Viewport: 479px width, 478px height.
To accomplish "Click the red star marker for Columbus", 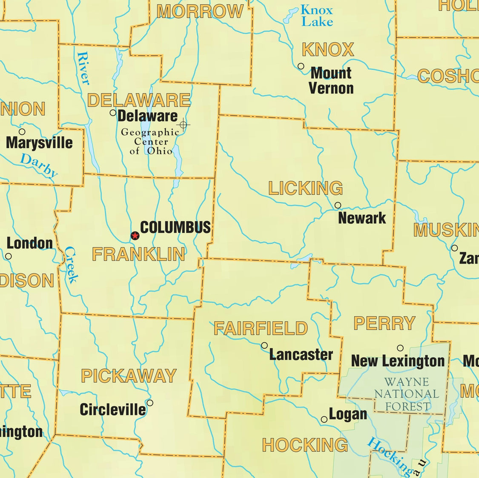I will [135, 236].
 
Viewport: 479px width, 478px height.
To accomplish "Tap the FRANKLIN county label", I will [138, 254].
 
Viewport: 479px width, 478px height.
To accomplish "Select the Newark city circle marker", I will [338, 205].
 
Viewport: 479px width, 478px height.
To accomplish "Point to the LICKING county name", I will [305, 188].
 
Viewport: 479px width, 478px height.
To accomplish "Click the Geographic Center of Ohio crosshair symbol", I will [184, 125].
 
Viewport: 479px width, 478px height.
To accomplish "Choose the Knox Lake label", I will [317, 16].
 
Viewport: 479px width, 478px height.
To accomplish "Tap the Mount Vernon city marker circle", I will [301, 66].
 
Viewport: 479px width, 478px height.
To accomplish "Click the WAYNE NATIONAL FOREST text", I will [406, 394].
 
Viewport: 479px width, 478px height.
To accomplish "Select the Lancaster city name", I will [301, 354].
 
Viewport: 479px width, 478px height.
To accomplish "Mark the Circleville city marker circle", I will [150, 403].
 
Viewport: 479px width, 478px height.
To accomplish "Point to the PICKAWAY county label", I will [129, 376].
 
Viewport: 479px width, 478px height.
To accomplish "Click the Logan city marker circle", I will [324, 419].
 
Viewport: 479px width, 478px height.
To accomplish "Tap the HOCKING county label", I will [305, 445].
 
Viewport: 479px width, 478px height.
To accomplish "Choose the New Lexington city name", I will [398, 361].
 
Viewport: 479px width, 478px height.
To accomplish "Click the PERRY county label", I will [384, 324].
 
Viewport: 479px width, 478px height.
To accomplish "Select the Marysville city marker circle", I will [22, 132].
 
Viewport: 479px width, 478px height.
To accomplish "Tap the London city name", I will [30, 243].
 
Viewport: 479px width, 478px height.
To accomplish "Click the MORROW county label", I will [200, 11].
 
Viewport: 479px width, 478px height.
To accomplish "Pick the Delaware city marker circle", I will [113, 113].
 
